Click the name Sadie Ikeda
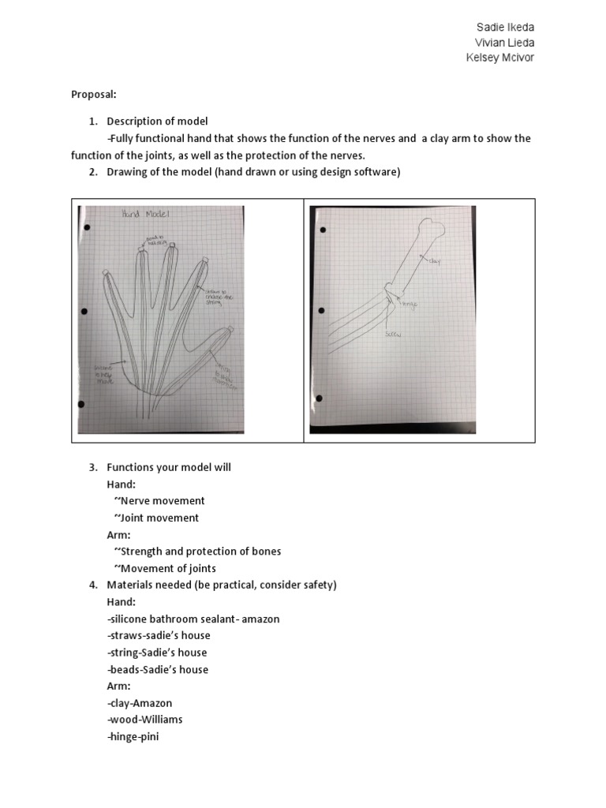click(x=505, y=28)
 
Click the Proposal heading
click(x=93, y=94)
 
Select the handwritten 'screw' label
click(x=393, y=335)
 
